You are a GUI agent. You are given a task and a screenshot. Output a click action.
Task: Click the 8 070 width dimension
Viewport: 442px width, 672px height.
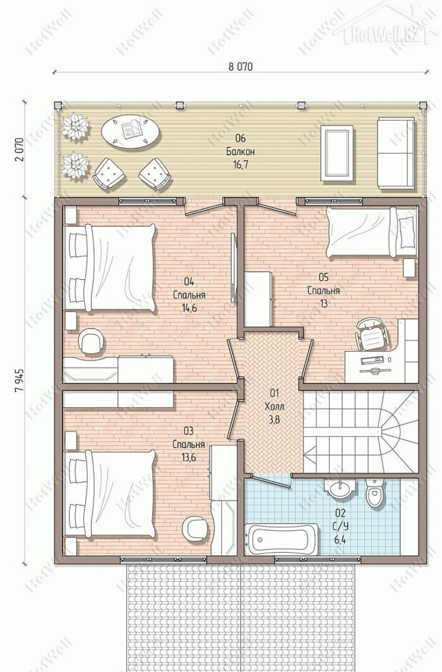click(241, 66)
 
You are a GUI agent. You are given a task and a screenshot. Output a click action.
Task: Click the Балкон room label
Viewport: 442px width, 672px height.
click(241, 152)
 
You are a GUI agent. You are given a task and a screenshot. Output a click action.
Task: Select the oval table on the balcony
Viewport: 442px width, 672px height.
click(131, 131)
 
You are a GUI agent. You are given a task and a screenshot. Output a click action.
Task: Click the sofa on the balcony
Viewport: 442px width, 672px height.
click(396, 153)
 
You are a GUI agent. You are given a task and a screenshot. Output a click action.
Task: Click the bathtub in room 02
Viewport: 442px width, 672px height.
click(282, 539)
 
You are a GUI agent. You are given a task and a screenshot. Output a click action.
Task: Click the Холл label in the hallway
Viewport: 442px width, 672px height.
click(274, 406)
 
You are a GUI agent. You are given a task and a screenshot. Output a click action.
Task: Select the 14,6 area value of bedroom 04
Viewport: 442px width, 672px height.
click(189, 308)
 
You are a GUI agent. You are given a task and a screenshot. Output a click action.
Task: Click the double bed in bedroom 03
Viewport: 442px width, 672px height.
click(110, 494)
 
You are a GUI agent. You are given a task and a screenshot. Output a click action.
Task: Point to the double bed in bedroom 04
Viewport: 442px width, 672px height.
click(110, 268)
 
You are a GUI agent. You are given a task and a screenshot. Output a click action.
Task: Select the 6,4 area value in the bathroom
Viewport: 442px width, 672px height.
click(340, 539)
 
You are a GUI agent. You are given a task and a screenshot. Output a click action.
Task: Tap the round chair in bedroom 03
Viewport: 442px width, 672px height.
click(195, 529)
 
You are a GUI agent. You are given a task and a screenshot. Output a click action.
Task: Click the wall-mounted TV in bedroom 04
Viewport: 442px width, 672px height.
click(234, 267)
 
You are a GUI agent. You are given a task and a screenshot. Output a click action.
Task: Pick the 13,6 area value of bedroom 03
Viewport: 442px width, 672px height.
click(188, 457)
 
